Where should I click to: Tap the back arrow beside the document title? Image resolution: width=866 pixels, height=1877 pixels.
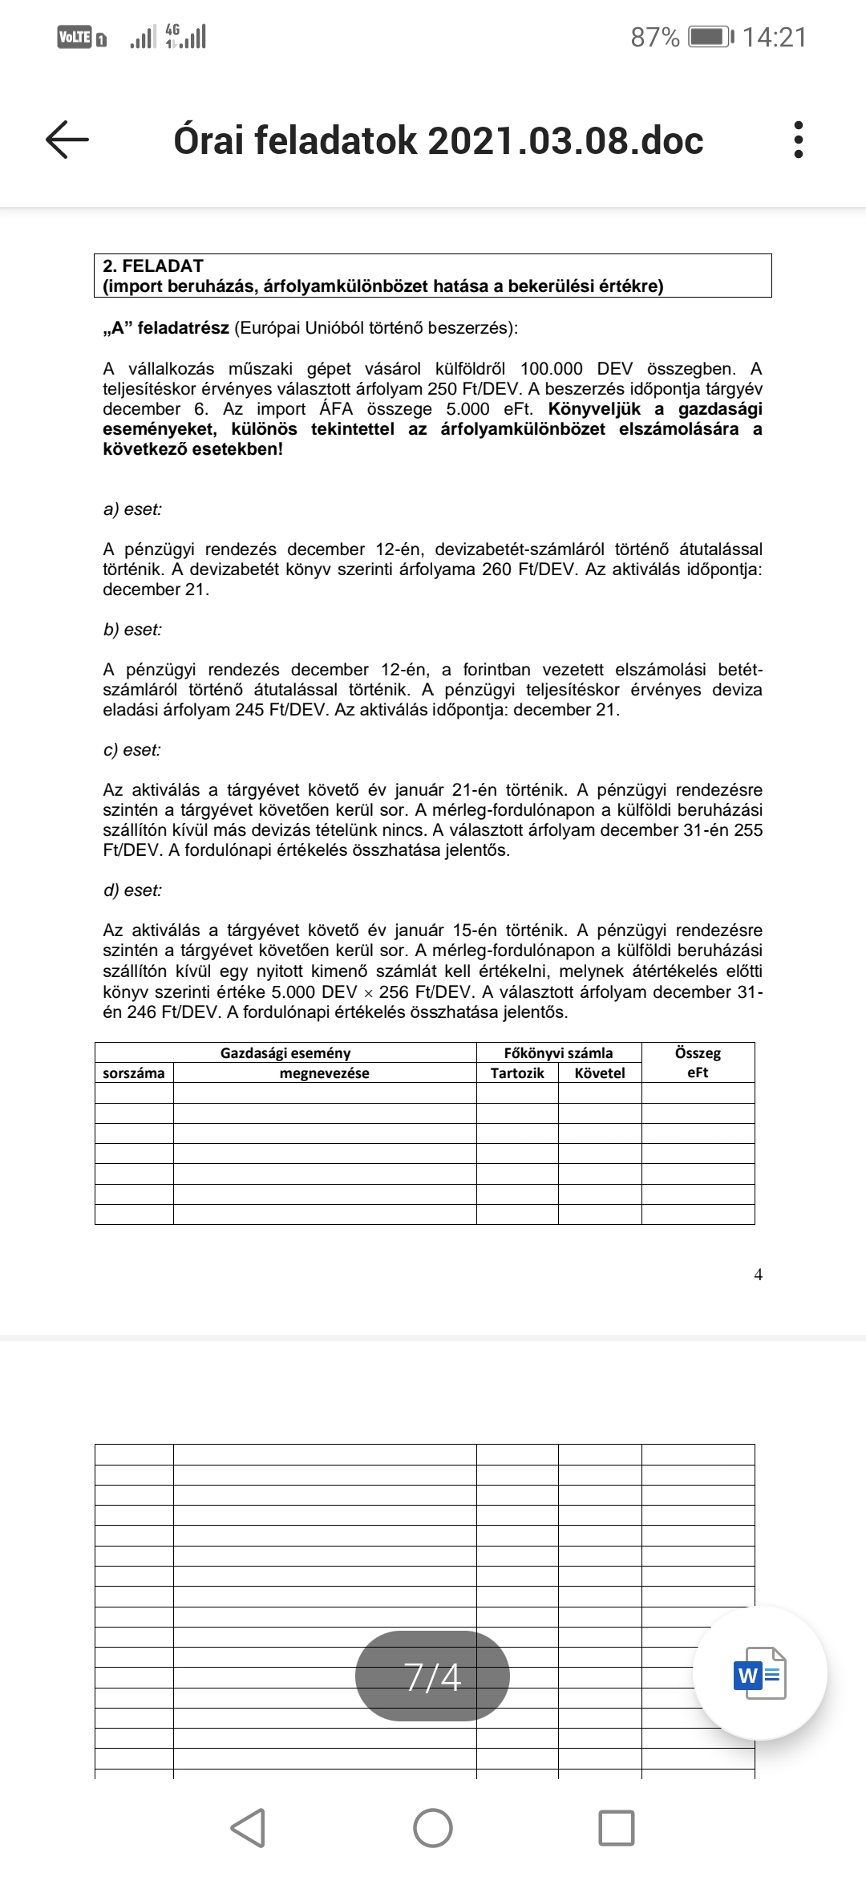(x=67, y=140)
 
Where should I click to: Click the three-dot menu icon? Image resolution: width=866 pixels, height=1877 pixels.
(x=797, y=140)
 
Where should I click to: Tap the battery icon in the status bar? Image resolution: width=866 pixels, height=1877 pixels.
(x=710, y=37)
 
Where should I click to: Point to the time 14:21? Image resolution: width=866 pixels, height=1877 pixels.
(x=774, y=37)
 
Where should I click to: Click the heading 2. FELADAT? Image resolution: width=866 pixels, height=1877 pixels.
(x=153, y=266)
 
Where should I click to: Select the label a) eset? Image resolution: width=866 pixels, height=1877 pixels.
(x=132, y=509)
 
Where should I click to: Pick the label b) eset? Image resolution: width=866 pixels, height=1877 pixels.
(x=132, y=630)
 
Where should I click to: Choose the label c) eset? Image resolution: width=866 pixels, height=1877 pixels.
(x=132, y=750)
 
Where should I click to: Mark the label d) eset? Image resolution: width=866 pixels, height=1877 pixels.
(x=132, y=890)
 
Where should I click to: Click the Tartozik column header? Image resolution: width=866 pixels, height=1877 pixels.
(x=517, y=1073)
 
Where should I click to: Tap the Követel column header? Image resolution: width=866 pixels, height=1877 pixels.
(x=600, y=1073)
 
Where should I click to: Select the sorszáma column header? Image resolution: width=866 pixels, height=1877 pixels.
(x=134, y=1073)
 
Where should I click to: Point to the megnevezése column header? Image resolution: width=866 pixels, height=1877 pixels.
(x=324, y=1073)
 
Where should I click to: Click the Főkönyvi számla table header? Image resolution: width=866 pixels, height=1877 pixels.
(x=558, y=1053)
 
